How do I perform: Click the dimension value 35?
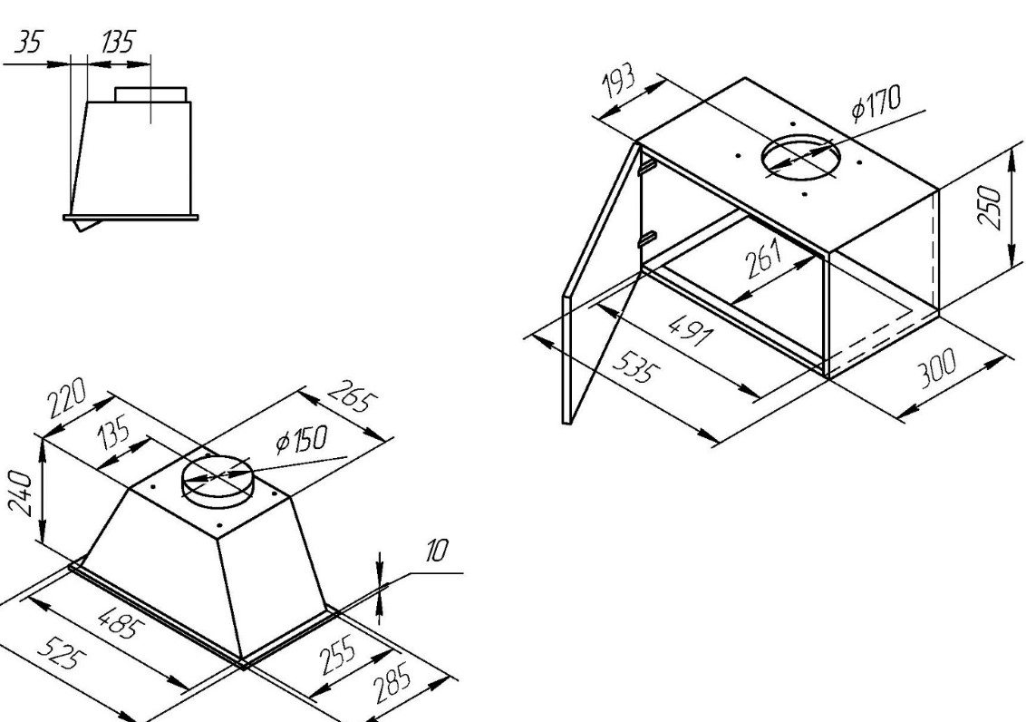(27, 43)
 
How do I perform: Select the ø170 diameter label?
(876, 102)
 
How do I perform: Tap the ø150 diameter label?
(301, 441)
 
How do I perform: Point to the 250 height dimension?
(990, 207)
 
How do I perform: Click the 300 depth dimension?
(936, 368)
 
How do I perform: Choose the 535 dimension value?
(634, 367)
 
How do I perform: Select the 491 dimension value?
(690, 329)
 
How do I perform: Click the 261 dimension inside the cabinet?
(764, 258)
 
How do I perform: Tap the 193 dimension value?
(618, 82)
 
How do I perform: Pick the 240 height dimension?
(20, 493)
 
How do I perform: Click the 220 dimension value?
(66, 398)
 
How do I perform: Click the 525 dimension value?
(60, 655)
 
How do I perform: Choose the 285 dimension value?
(392, 683)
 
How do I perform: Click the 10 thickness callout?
(437, 551)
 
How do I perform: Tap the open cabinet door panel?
(601, 284)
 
